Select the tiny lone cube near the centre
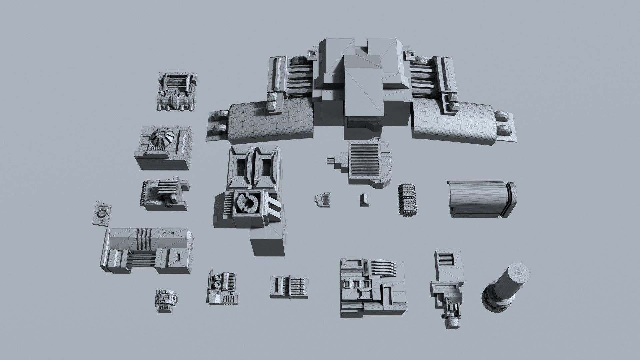pos(364,199)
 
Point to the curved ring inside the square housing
pos(247,203)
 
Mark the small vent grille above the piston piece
pos(447,259)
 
